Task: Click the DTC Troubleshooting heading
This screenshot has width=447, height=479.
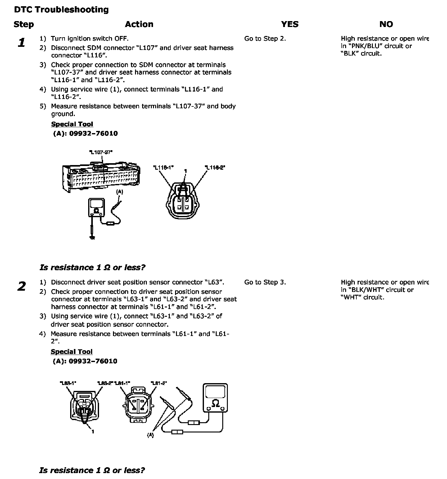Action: click(x=61, y=10)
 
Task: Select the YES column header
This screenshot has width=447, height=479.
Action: click(x=290, y=24)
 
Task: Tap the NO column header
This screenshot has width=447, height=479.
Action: click(x=386, y=24)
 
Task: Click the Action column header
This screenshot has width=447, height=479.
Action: click(x=139, y=24)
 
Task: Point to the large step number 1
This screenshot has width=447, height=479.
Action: click(x=21, y=43)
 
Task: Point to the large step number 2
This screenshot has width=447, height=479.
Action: click(x=21, y=286)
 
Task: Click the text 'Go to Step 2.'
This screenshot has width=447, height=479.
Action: click(x=265, y=38)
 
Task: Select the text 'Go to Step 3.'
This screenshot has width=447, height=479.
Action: click(x=265, y=282)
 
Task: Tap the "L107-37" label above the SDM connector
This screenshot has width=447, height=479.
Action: click(x=101, y=152)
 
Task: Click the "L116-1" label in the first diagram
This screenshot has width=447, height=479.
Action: click(x=163, y=168)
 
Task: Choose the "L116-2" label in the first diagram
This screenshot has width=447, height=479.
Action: click(x=215, y=168)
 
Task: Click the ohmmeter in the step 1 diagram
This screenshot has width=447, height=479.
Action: click(x=96, y=208)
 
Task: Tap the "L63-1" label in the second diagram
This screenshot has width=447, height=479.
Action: click(x=68, y=383)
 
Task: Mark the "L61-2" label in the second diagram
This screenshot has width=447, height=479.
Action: click(x=159, y=383)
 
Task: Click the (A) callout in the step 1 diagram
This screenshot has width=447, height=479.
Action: click(x=120, y=192)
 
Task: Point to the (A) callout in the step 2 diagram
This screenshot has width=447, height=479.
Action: click(x=150, y=435)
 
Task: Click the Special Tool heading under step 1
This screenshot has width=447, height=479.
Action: click(x=72, y=124)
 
